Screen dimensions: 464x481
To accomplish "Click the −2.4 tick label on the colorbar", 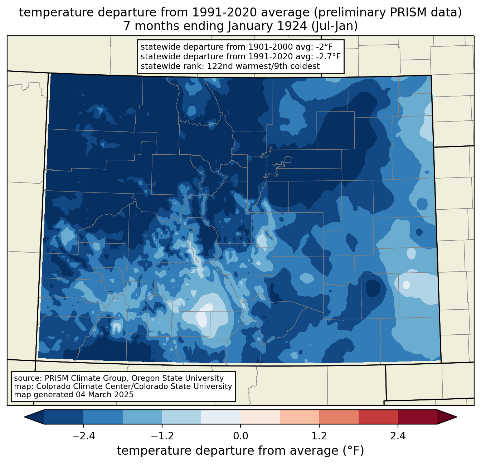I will click(x=83, y=436).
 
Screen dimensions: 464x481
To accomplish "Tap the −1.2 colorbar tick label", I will click(x=162, y=436).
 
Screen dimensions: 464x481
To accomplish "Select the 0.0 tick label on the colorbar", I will click(x=240, y=436).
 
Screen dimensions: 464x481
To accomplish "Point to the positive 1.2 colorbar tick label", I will click(x=319, y=436).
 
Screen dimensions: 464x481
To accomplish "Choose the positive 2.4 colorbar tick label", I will click(x=398, y=436).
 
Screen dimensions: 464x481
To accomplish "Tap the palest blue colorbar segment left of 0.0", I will click(x=221, y=417).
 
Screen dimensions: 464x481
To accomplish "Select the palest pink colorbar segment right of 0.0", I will click(x=260, y=417).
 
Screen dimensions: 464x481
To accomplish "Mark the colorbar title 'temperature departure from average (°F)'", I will click(x=240, y=451).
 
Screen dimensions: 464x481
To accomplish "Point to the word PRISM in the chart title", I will click(x=399, y=13).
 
